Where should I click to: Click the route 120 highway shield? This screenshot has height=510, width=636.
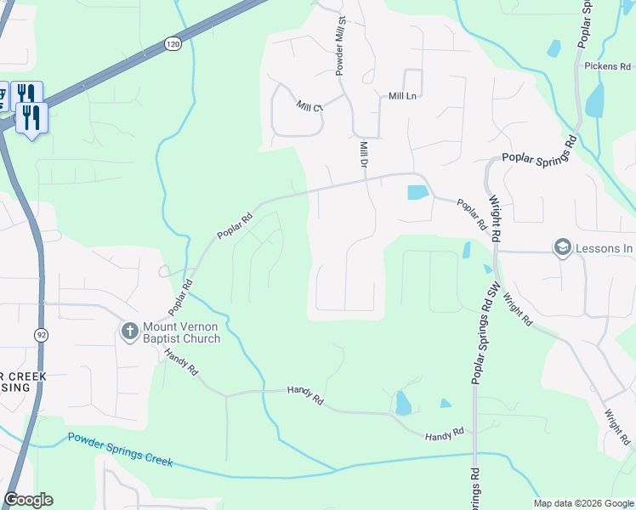click(173, 43)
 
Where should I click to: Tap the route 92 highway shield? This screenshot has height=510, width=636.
click(41, 335)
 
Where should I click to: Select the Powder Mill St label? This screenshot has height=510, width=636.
click(340, 48)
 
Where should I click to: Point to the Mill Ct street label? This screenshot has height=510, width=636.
click(310, 106)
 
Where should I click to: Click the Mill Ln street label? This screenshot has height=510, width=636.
click(402, 96)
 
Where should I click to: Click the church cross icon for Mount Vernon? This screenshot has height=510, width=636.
click(129, 330)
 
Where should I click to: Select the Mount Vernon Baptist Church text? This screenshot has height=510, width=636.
click(181, 332)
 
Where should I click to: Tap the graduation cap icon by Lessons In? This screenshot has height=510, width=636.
click(562, 247)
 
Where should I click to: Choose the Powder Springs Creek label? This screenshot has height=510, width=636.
click(120, 450)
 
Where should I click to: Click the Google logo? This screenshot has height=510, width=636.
click(28, 500)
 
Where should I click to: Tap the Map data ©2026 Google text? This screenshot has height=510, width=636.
click(583, 503)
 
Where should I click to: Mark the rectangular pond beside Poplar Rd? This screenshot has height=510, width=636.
click(417, 192)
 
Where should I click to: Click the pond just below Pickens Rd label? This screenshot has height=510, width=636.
click(595, 99)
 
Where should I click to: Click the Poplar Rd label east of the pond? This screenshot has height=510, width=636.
click(471, 214)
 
